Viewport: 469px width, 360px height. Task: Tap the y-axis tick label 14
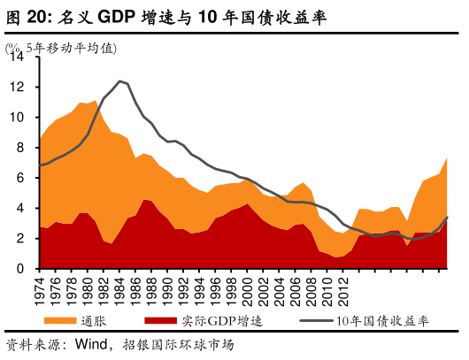point(18,57)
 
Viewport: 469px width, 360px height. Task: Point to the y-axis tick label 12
point(18,87)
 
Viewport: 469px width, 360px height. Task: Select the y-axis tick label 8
point(21,147)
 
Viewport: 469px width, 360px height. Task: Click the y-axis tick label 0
point(21,268)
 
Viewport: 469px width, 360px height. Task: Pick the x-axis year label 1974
point(41,289)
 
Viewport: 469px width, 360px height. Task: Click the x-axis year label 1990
point(173,289)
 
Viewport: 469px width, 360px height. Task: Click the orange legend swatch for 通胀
point(64,321)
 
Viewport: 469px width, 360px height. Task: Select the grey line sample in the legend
point(318,321)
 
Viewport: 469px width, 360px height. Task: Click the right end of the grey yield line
point(447,217)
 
